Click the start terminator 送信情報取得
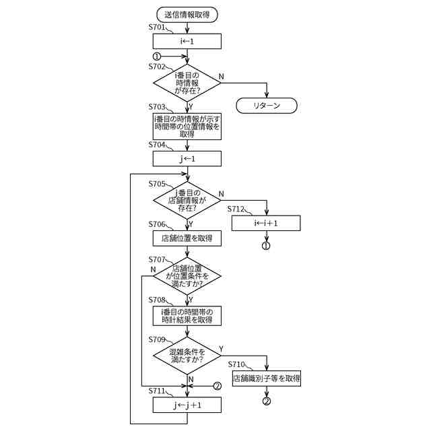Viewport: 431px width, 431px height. point(187,13)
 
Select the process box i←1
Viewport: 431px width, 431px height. point(187,42)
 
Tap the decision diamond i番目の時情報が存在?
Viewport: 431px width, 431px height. point(187,84)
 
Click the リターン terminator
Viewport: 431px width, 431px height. point(267,106)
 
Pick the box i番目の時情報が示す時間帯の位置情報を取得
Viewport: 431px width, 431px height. point(187,126)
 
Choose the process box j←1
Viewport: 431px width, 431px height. point(187,159)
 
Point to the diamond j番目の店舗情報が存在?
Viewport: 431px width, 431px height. point(187,200)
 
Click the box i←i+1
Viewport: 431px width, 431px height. point(266,223)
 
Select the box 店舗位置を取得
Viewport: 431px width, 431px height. point(187,238)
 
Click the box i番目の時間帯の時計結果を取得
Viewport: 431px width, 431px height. point(187,316)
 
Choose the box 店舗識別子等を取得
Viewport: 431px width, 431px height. point(267,378)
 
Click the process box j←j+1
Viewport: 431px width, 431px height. point(187,405)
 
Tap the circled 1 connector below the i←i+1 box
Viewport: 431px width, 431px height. point(266,246)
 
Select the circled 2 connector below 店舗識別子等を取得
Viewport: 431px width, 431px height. point(267,401)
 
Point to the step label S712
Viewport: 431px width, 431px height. point(237,209)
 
